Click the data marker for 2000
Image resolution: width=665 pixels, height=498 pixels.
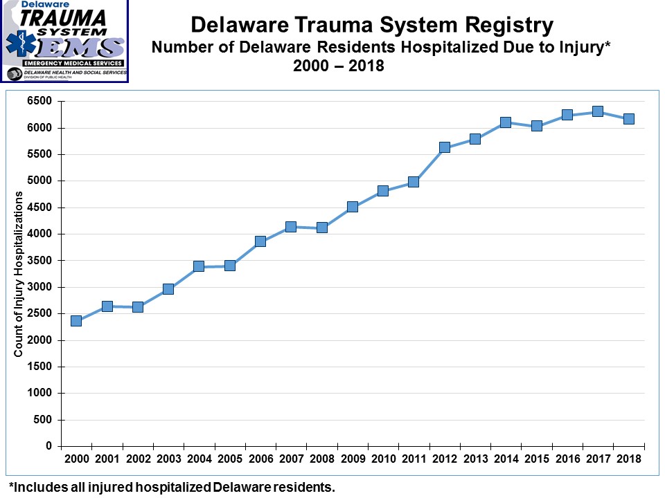point(76,320)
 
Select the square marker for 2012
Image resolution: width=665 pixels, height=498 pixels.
point(445,147)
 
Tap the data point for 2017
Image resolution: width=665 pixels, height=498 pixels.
point(598,112)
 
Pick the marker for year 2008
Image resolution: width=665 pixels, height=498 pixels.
point(321,228)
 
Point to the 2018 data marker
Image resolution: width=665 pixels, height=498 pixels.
point(629,119)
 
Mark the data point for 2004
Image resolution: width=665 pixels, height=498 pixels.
point(199,266)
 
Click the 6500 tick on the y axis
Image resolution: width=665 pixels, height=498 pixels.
point(40,102)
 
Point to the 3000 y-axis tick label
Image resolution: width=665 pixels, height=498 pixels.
point(40,288)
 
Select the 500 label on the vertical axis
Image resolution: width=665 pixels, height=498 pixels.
point(44,421)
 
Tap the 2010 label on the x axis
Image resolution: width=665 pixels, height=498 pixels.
point(383,459)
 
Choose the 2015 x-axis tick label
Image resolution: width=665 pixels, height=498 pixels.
point(536,459)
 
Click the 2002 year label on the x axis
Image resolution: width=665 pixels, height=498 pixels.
point(138,459)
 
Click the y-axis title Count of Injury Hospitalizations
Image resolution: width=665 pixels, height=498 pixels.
point(19,274)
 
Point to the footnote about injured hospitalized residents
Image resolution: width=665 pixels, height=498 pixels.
point(172,487)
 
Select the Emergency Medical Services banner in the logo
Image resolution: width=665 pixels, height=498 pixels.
point(64,63)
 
